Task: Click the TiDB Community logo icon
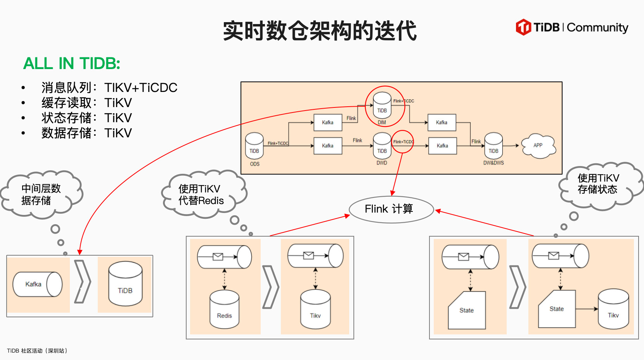(x=523, y=27)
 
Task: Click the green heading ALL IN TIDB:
(x=72, y=63)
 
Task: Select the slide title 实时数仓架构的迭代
(x=320, y=31)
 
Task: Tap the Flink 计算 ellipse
(x=391, y=209)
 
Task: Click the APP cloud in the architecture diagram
(x=538, y=146)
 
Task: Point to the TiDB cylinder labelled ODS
(x=254, y=147)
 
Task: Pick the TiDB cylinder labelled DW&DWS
(x=493, y=147)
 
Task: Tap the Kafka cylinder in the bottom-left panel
(x=37, y=284)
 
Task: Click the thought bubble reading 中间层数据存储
(x=41, y=194)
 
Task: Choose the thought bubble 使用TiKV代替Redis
(x=202, y=194)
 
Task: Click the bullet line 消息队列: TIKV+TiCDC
(x=109, y=88)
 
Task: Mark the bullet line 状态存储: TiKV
(x=87, y=118)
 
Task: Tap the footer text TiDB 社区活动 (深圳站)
(x=37, y=351)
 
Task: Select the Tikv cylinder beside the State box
(x=613, y=309)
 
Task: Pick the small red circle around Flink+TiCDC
(x=403, y=142)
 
